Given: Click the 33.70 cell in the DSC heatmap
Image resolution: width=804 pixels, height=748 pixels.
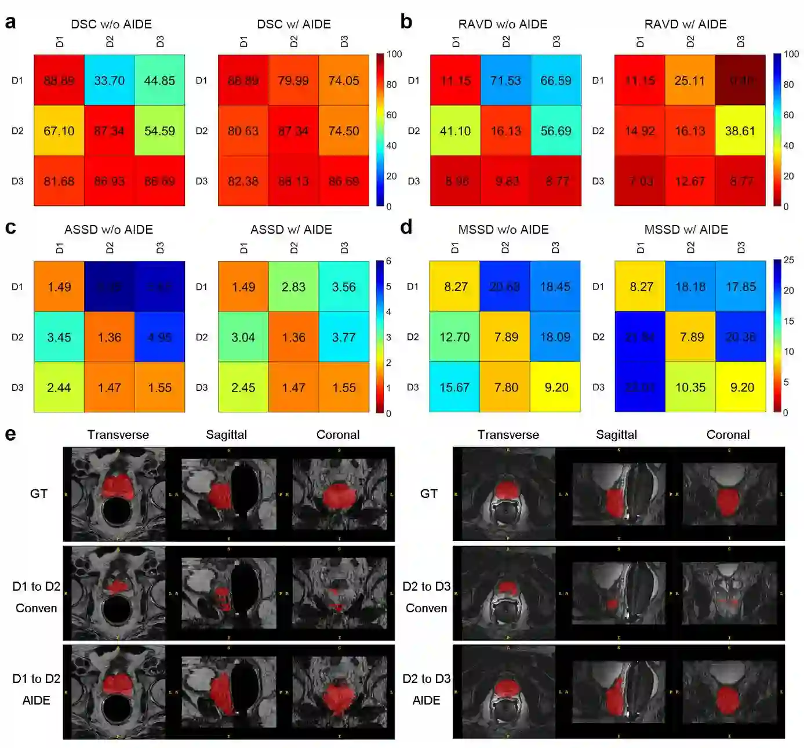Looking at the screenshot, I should coord(110,81).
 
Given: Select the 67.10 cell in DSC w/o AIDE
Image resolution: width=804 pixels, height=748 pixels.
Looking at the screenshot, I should coord(59,131).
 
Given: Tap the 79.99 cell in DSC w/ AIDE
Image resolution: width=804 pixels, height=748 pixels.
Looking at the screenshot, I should coord(293,81).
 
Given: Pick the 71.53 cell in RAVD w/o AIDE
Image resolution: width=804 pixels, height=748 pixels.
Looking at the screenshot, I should coord(505,81).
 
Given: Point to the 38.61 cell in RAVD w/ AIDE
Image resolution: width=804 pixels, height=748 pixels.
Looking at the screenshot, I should coord(740,131).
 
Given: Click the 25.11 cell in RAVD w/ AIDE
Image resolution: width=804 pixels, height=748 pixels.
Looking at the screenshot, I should coord(690,81).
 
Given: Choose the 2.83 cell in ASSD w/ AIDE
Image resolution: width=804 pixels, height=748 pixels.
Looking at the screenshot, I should coord(293,287).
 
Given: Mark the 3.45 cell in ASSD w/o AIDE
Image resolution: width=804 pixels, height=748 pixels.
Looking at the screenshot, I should coord(59,337).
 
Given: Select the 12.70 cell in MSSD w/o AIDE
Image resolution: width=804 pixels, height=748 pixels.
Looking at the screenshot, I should coord(454,337).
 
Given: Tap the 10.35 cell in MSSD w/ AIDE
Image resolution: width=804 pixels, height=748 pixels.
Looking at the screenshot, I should coord(690,387).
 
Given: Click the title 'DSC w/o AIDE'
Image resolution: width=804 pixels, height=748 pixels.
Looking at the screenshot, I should coord(111,24).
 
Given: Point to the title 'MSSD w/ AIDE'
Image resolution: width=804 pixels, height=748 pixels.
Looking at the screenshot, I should coord(686,230).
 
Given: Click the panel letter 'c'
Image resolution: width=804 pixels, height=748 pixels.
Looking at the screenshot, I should coord(10,227).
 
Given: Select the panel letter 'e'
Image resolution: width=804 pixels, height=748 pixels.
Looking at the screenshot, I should coord(10,434).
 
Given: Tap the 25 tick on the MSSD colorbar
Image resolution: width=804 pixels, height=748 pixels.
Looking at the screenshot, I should coord(789,260).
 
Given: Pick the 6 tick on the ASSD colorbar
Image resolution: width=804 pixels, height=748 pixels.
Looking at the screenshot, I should coord(389,262).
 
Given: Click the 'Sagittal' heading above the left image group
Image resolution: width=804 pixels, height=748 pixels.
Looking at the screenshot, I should coord(227,435).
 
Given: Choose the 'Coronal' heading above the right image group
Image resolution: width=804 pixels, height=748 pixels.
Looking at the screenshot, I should coord(728,435).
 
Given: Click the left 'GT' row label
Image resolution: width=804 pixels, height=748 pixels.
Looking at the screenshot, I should coord(39,494).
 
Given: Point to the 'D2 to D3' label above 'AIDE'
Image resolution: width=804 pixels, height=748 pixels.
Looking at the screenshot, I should coord(427,679).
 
